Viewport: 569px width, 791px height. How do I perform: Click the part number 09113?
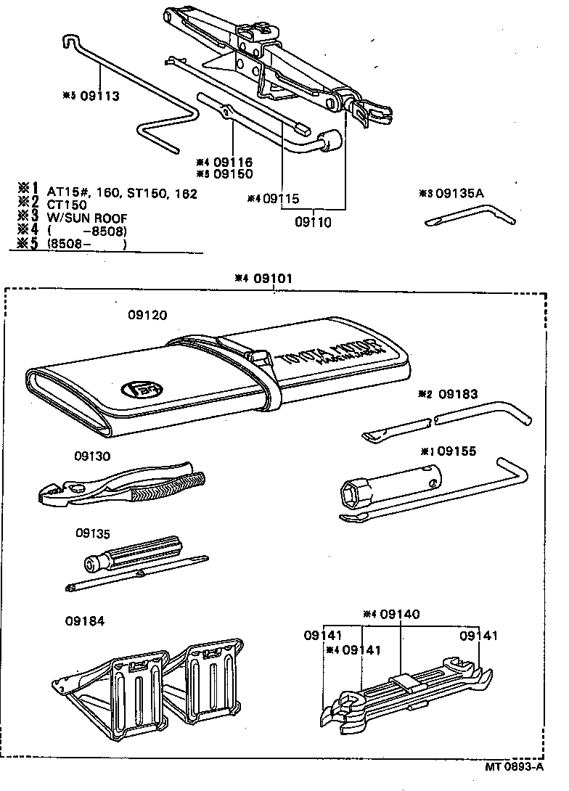point(99,95)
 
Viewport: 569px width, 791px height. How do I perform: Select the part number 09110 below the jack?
point(314,223)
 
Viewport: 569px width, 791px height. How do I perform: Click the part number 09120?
point(147,315)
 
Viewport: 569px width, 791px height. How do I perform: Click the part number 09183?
point(457,394)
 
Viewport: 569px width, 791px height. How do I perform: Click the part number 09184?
point(84,620)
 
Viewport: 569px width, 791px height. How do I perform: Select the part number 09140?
point(399,614)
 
